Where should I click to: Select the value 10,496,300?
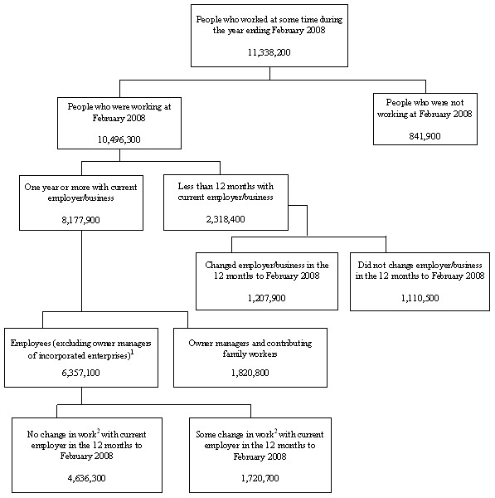point(119,139)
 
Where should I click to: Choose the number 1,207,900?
point(266,296)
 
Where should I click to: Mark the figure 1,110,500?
point(421,296)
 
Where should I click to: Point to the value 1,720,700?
point(260,478)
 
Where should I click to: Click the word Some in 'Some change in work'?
point(206,433)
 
